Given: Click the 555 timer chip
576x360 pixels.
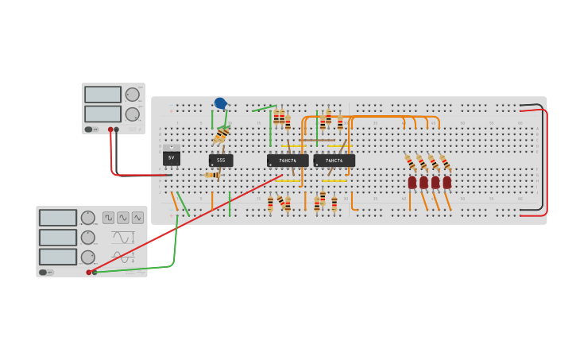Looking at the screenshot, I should tap(221, 161).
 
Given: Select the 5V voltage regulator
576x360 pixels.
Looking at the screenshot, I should tap(171, 157).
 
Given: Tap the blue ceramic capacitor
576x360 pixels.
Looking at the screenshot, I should tap(220, 103).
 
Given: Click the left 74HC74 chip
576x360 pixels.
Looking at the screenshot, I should tap(288, 161).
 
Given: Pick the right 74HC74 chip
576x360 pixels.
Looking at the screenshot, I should tap(334, 161).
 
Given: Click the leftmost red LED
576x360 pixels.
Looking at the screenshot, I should tap(412, 182).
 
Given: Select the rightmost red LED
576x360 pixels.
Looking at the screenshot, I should tap(447, 182).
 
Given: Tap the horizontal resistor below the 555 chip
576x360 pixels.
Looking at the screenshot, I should tap(212, 175).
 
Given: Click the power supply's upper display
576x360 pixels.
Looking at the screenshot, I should tap(102, 95).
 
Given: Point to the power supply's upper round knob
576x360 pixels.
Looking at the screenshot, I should tap(132, 95).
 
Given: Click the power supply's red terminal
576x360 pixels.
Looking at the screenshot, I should tap(110, 130).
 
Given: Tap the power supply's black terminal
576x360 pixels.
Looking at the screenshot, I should tap(117, 130).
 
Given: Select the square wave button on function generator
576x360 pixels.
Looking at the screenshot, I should tap(108, 217).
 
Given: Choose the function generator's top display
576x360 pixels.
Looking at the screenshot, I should tap(58, 218).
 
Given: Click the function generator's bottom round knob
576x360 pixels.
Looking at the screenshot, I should tap(88, 257).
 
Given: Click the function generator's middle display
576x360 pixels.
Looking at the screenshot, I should tap(58, 237).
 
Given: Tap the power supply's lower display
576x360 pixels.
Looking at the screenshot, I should tap(102, 114).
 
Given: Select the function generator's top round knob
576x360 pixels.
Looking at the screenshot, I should tap(88, 218).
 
